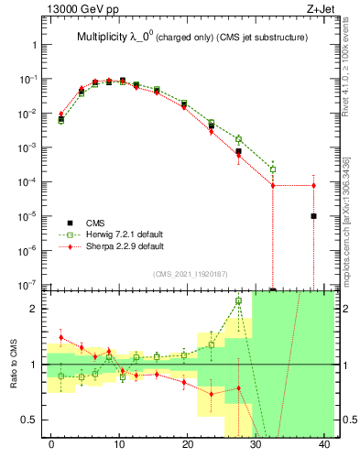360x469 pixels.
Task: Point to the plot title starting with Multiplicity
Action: coord(191,38)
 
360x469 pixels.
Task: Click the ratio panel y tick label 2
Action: coord(34,309)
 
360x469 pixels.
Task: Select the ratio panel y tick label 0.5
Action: coord(29,420)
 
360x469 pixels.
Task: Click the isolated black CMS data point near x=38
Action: coord(313,216)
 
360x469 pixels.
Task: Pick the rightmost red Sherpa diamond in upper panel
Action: coord(313,186)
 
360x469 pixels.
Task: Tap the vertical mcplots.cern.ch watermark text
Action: coord(348,220)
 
